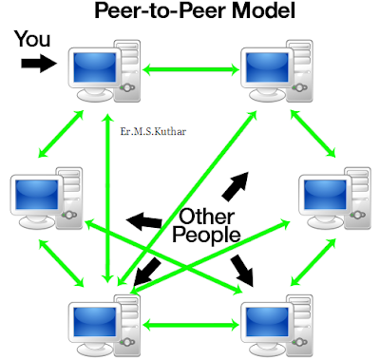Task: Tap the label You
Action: [x=31, y=42]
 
